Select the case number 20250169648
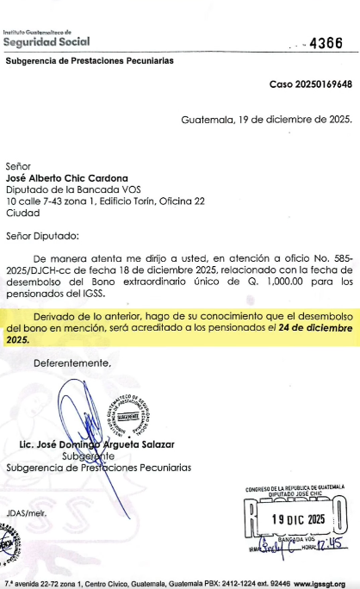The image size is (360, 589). (x=311, y=84)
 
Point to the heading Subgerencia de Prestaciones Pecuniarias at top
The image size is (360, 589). (x=90, y=61)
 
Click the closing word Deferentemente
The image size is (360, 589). (x=72, y=363)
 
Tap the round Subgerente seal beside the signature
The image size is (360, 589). (x=129, y=412)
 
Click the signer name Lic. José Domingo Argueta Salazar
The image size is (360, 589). (x=102, y=444)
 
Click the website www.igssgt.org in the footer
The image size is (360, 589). (x=323, y=582)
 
